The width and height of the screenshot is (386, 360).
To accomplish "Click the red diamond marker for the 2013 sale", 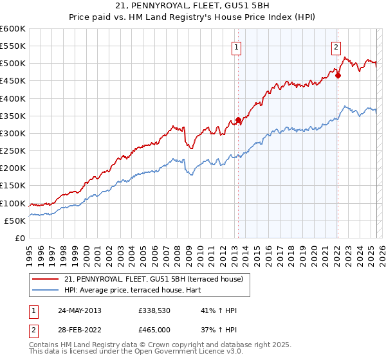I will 238,120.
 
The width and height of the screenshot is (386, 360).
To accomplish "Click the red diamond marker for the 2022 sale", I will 338,75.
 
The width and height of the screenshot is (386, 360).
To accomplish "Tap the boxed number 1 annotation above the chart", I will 237,46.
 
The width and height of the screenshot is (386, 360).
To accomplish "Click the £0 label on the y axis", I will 19,238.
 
